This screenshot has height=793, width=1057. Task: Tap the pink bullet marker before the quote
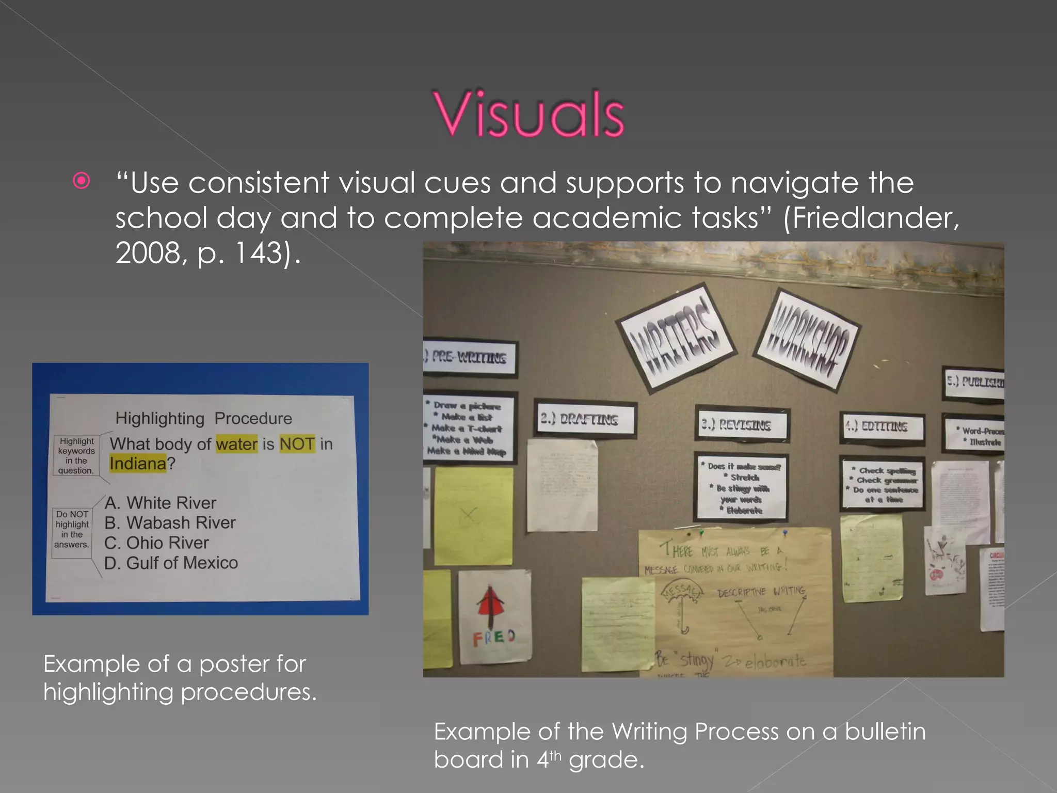point(82,181)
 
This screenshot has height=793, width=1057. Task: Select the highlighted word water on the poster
point(236,444)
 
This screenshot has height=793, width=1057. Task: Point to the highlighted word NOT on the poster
point(297,444)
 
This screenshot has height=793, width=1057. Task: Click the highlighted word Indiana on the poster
point(138,464)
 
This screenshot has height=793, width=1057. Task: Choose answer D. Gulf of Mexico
point(171,563)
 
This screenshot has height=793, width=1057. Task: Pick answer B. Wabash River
point(170,522)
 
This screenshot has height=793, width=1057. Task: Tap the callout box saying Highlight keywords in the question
point(76,455)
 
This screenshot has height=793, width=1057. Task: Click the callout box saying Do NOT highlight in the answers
point(72,529)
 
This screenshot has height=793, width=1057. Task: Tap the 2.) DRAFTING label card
point(584,419)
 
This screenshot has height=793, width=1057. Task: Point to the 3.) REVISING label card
point(741,425)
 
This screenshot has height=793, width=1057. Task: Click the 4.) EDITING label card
point(882,427)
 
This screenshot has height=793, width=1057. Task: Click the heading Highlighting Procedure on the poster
point(203,418)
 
